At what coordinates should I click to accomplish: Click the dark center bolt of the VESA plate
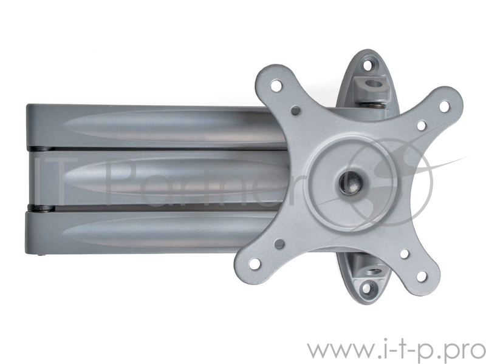click(x=351, y=183)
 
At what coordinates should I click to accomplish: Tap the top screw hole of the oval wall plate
click(x=368, y=65)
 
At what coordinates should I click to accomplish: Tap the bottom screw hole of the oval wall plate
click(x=366, y=289)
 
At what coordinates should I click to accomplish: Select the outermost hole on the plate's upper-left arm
click(x=276, y=86)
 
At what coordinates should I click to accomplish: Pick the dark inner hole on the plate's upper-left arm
click(x=296, y=110)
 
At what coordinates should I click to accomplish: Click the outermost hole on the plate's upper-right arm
click(x=444, y=106)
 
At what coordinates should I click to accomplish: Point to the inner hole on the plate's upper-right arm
click(x=421, y=126)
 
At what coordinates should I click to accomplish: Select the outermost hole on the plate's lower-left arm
click(x=255, y=264)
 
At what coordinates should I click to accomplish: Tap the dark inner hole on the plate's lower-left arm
click(x=279, y=244)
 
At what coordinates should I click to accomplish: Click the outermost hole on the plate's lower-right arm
click(x=422, y=276)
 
